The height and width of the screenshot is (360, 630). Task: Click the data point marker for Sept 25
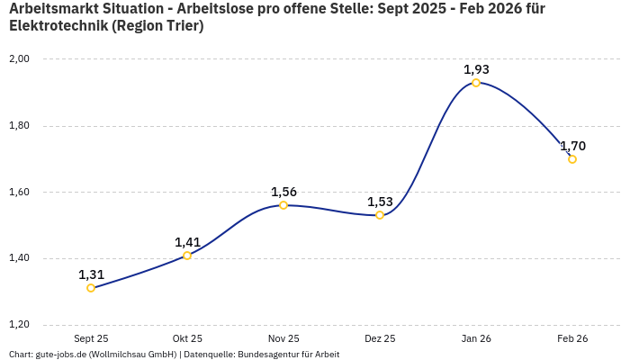91,288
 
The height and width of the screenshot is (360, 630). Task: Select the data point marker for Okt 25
187,256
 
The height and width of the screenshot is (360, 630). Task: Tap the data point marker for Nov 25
283,205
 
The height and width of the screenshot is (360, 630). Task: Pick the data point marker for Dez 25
380,215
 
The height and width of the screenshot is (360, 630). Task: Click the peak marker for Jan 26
476,83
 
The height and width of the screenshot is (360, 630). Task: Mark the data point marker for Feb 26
572,159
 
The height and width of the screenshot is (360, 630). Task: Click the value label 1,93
476,69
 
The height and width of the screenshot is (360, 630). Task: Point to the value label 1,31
91,274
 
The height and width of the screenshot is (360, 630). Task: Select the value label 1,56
283,192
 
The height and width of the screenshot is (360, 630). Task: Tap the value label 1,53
380,202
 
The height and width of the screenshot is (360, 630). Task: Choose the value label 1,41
187,242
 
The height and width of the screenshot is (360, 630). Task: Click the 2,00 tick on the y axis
19,59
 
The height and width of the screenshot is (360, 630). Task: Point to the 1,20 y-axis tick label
19,325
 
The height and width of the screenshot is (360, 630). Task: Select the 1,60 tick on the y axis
19,193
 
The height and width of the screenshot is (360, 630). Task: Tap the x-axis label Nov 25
283,339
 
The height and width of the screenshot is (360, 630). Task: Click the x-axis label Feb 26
572,339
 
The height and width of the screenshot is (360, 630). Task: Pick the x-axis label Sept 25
91,339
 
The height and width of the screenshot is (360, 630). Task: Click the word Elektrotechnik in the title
57,26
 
